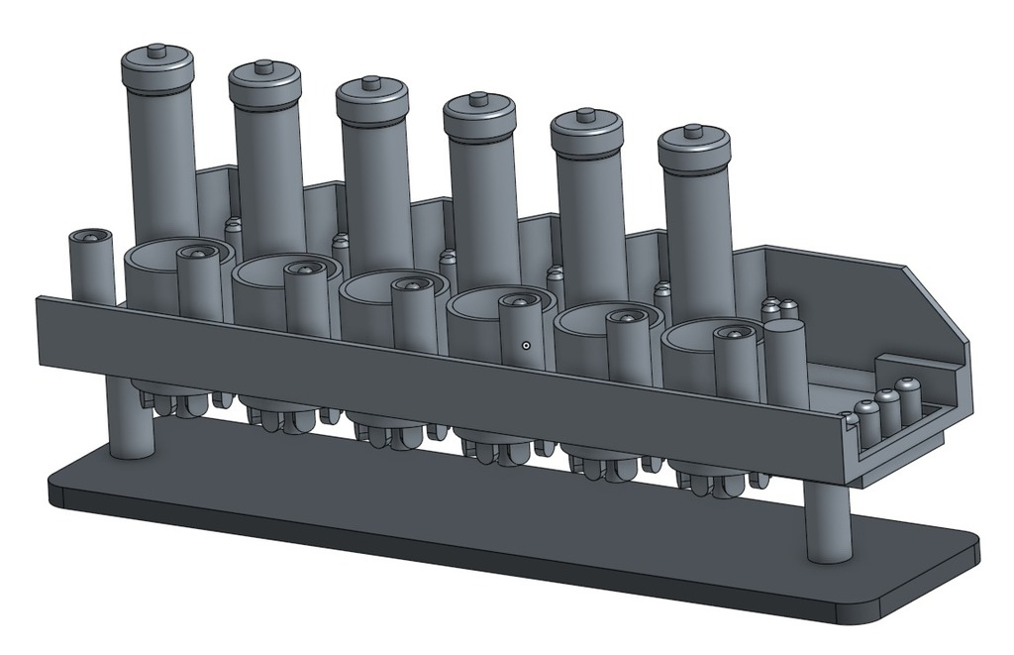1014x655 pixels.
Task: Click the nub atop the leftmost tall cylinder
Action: coord(156,50)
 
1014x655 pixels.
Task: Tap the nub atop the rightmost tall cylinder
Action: coord(693,130)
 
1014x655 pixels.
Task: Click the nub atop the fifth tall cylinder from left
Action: coord(586,115)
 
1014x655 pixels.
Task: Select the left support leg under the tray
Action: coord(130,421)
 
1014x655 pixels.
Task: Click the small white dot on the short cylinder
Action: coord(527,346)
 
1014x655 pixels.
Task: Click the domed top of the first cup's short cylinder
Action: coord(198,254)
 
